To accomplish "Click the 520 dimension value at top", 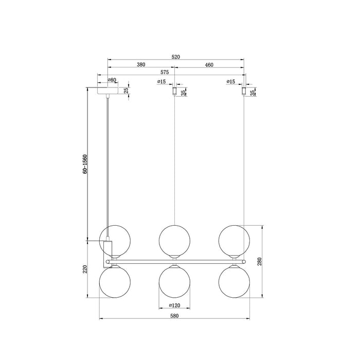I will (x=176, y=57).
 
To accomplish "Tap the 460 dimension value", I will (x=209, y=65).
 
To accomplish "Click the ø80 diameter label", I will (x=112, y=81).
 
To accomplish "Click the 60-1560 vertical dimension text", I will (x=85, y=164).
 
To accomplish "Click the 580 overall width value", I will (x=175, y=316).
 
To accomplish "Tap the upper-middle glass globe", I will (x=175, y=240).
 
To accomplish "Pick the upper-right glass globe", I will (x=235, y=240).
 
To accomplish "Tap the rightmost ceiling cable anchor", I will (x=244, y=92).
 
